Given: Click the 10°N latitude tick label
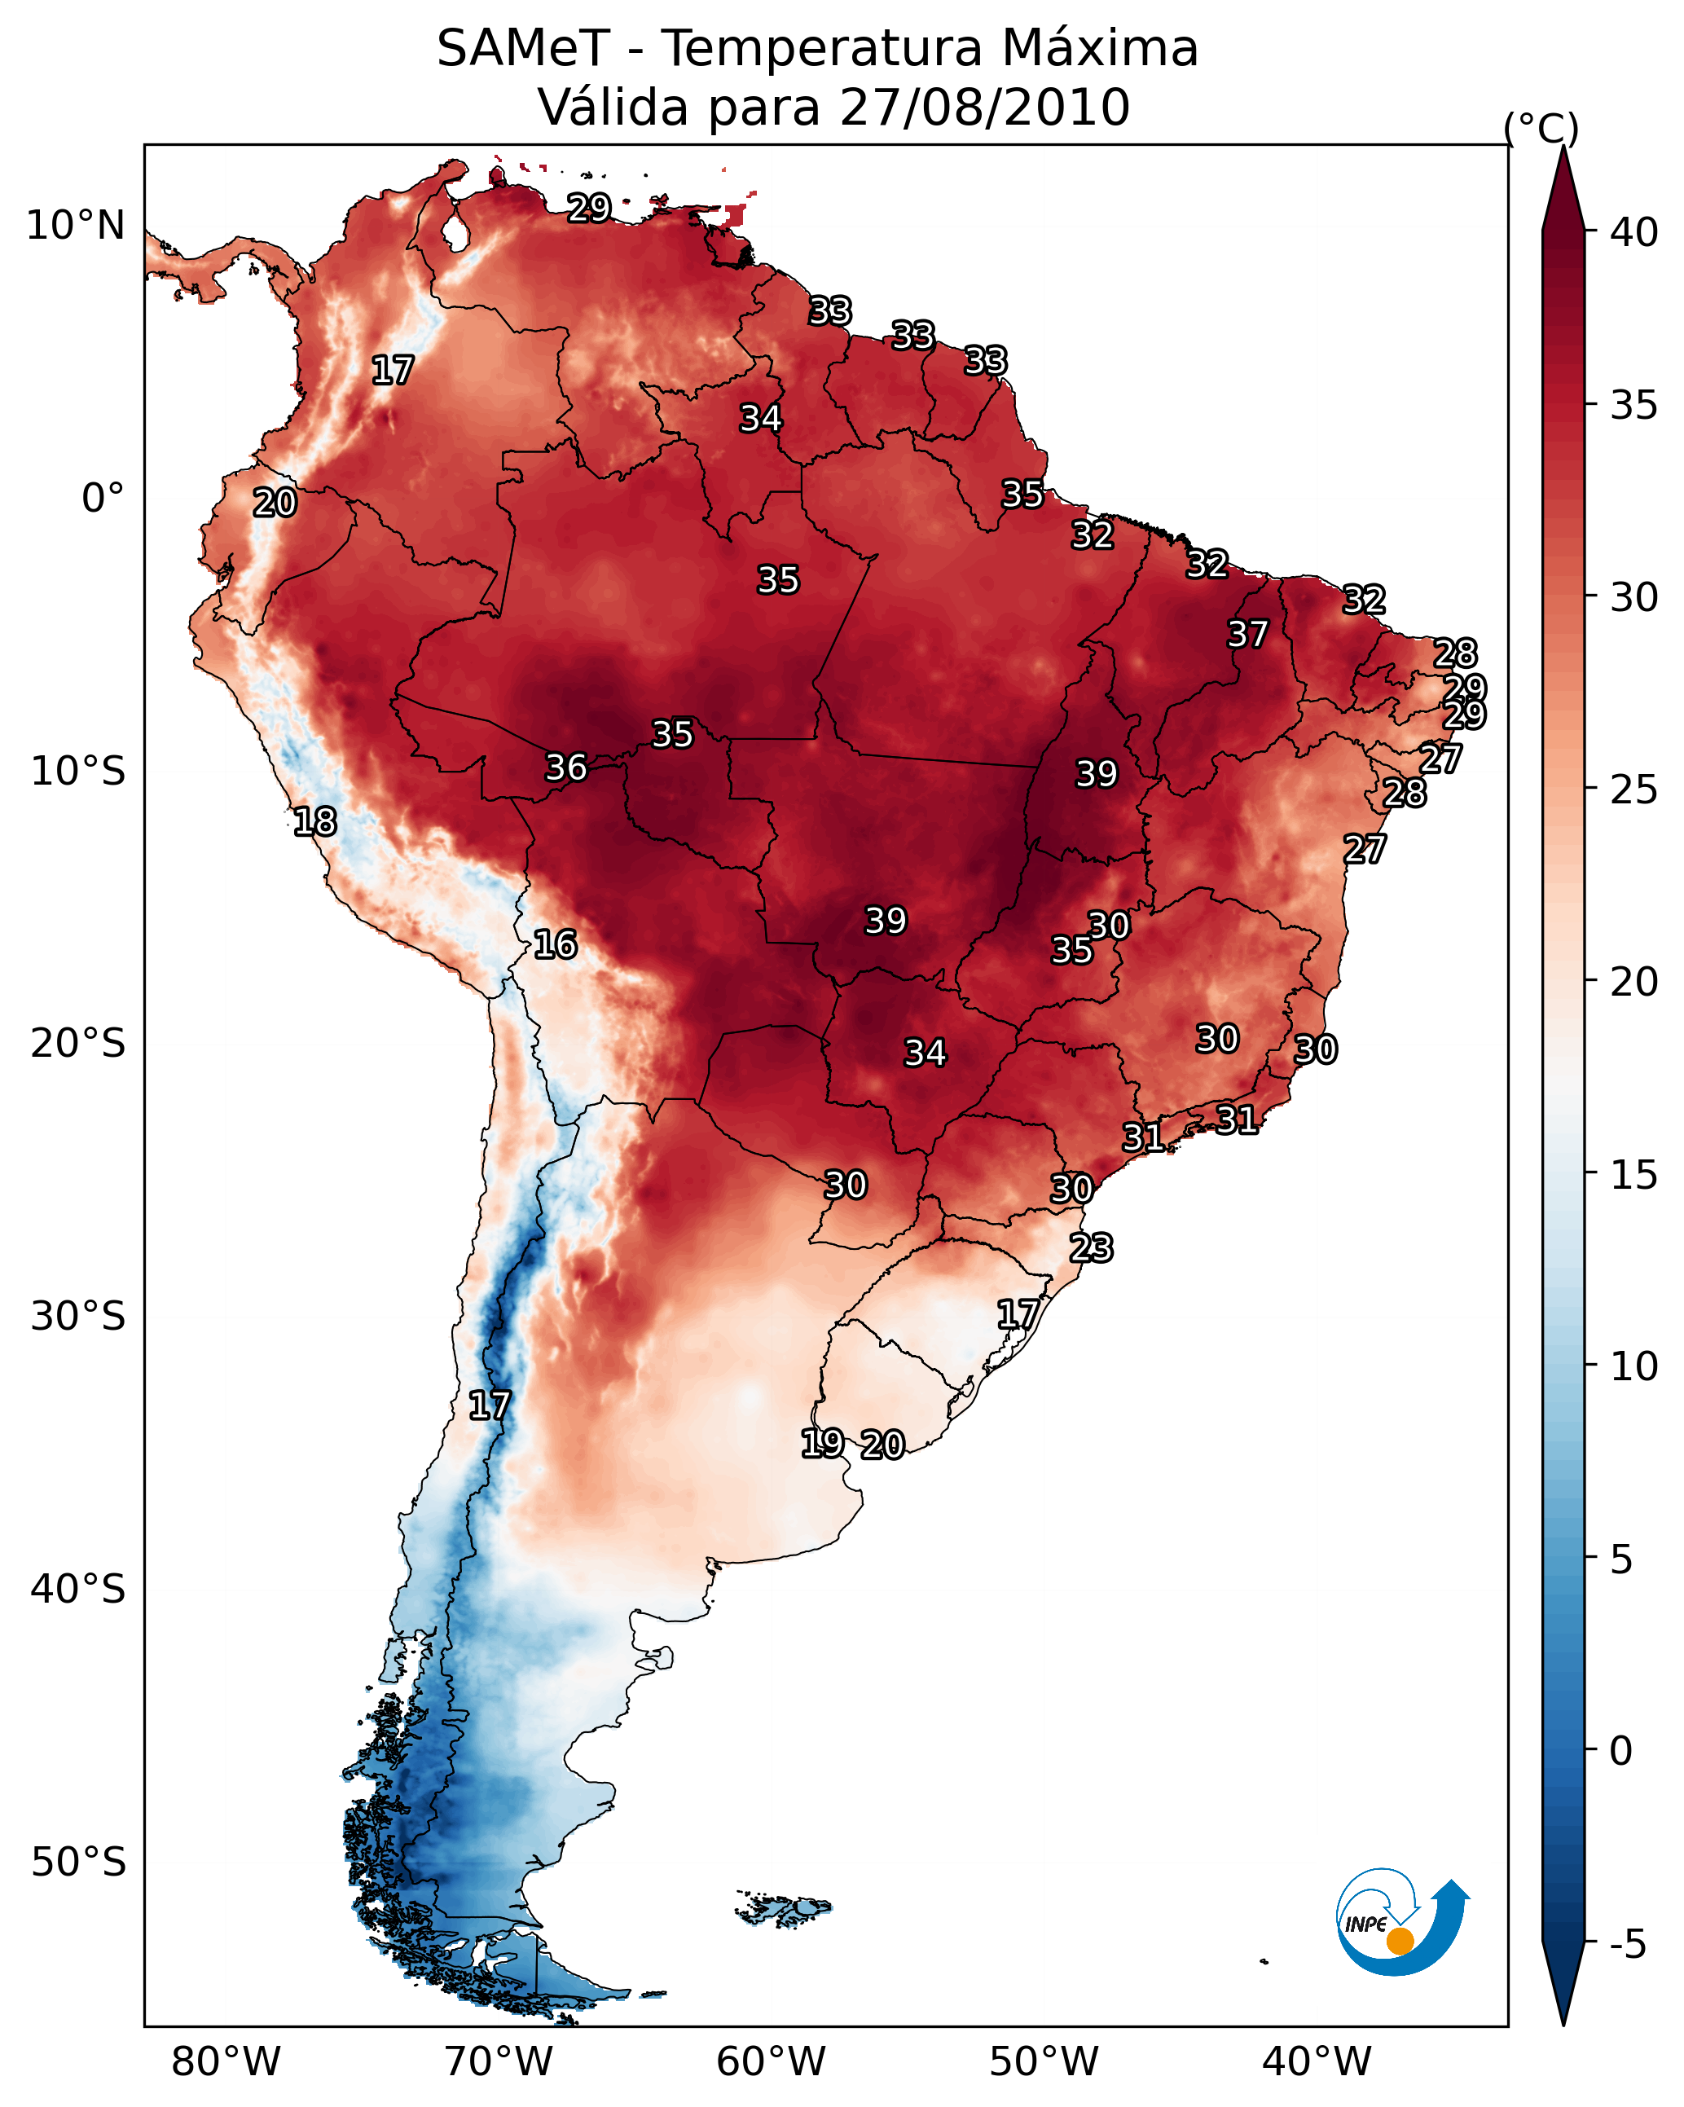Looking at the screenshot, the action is [x=75, y=226].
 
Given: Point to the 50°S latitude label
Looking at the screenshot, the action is [x=78, y=1863].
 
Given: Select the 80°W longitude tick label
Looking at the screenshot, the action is [x=226, y=2062].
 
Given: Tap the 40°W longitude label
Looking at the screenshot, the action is [x=1317, y=2062].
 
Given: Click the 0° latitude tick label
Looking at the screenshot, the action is [x=103, y=499].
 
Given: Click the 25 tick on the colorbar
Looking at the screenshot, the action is [x=1634, y=789].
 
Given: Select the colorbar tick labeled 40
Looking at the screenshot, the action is [x=1634, y=232].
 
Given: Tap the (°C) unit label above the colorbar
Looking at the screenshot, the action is [x=1541, y=128].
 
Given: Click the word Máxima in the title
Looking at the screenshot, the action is [x=1096, y=48].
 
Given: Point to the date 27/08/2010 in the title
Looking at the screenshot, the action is [x=984, y=107].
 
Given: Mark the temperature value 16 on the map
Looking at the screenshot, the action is [x=555, y=945].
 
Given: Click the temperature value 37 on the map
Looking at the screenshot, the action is [x=1247, y=634].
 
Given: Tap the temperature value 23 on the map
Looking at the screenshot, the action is [x=1091, y=1248].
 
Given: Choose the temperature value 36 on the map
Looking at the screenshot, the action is [x=566, y=768].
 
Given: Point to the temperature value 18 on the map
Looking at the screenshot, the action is [x=314, y=822].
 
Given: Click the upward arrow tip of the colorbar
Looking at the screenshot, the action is [x=1563, y=147].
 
